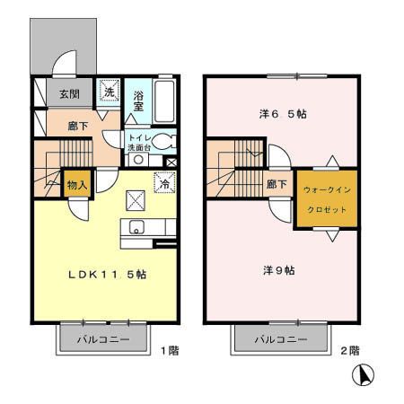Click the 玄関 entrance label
(70, 93)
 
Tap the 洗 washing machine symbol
(108, 91)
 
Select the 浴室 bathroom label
(138, 101)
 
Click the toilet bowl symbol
(162, 140)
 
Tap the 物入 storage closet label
(77, 185)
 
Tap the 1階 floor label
(169, 350)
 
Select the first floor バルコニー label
(102, 340)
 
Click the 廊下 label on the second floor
(277, 185)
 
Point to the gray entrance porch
(63, 45)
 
